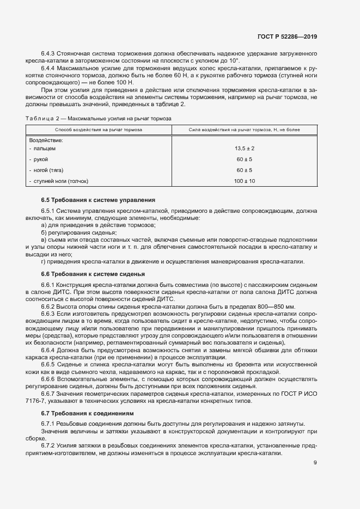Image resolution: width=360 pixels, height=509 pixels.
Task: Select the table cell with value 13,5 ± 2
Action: [x=245, y=148]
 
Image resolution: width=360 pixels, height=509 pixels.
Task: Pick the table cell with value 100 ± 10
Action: [x=245, y=181]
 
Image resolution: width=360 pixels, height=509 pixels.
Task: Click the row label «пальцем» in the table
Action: [x=43, y=148]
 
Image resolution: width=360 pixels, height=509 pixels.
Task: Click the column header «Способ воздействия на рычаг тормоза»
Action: [x=99, y=130]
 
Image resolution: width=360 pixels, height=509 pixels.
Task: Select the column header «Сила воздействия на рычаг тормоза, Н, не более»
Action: [x=245, y=130]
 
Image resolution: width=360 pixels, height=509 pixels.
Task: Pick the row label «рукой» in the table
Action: [x=41, y=159]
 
